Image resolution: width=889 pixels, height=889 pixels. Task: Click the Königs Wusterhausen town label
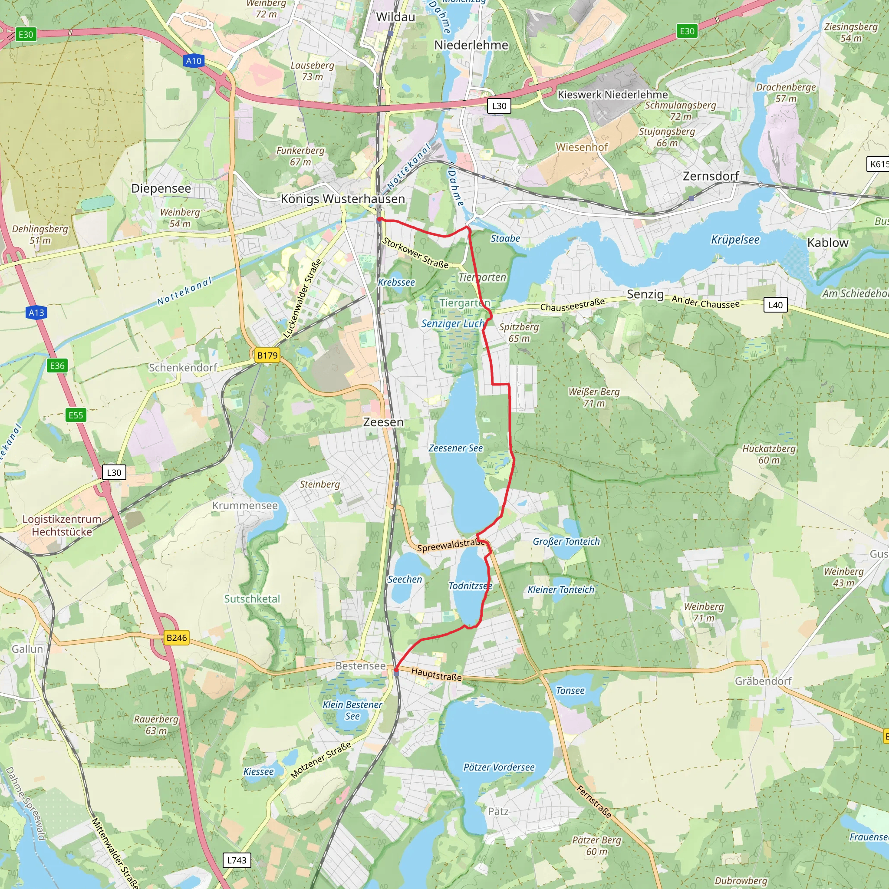coord(343,199)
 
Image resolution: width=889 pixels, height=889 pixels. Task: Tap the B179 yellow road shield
coord(267,355)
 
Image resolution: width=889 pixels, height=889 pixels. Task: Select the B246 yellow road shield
coord(177,638)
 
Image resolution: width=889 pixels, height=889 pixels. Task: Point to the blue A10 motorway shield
coord(194,61)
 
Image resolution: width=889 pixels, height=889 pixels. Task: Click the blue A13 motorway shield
coord(36,313)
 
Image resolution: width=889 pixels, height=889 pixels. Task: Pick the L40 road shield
coord(775,305)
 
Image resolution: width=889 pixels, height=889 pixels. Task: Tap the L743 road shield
coord(237,860)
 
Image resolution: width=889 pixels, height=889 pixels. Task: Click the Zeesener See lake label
coord(455,448)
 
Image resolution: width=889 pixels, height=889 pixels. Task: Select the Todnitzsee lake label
coord(470,586)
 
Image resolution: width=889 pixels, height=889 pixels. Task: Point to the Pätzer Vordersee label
coord(499,767)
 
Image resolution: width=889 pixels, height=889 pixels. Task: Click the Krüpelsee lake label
coord(735,240)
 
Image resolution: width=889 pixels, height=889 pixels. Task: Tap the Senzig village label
coord(645,294)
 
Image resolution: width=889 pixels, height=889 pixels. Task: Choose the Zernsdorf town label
coord(711,176)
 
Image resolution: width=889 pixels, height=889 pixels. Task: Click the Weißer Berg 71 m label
coord(594,397)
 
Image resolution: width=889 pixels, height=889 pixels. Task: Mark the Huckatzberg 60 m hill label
coord(769,454)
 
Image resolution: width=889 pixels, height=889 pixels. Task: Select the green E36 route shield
coord(57,366)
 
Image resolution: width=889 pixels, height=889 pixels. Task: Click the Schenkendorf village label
coord(183,368)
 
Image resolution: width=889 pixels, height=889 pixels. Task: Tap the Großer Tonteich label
coord(566,542)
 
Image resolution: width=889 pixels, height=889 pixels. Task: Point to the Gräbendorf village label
coord(763,681)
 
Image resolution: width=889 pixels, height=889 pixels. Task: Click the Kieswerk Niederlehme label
coord(612,95)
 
